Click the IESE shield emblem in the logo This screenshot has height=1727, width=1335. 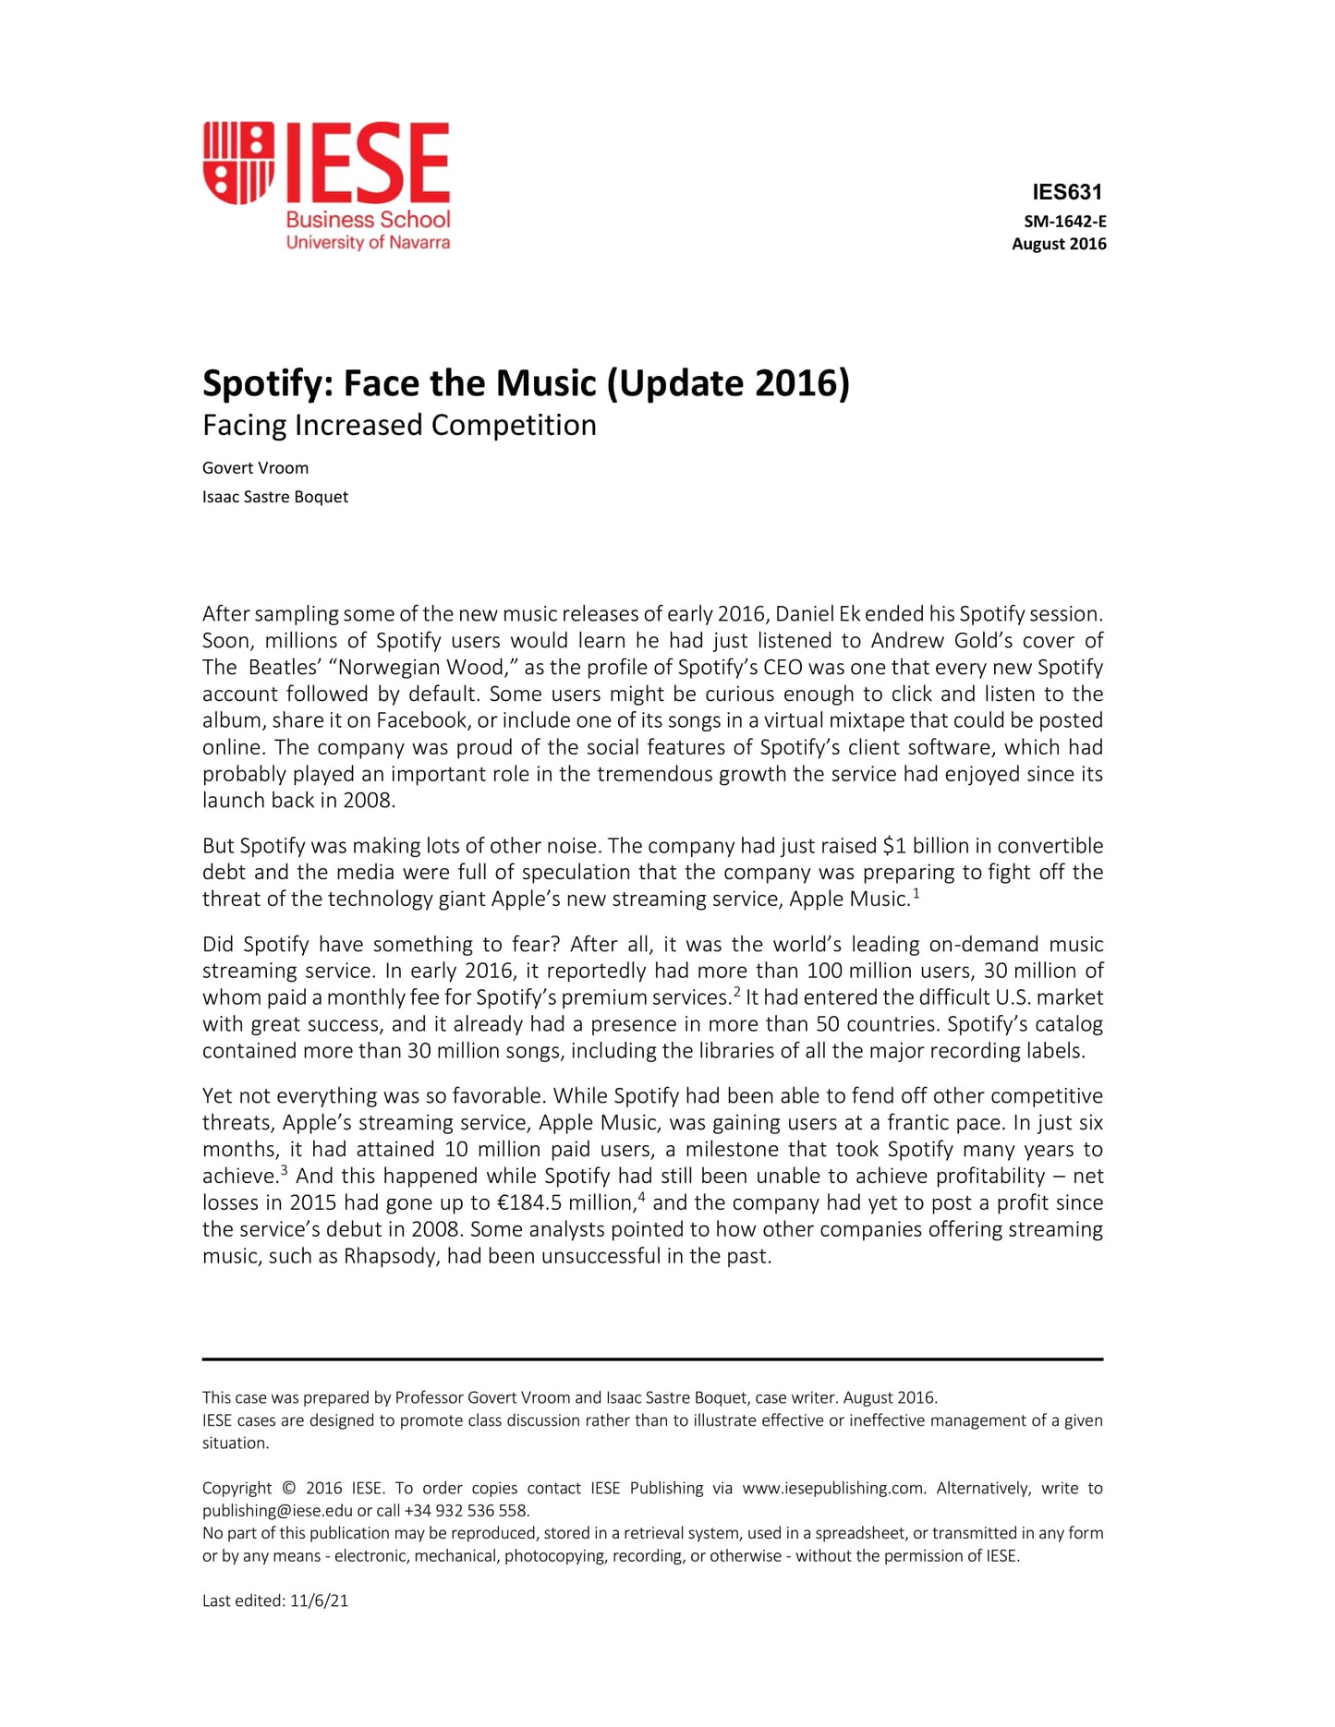point(238,163)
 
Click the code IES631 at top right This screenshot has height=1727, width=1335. point(1067,192)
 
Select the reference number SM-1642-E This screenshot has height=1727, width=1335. point(1064,222)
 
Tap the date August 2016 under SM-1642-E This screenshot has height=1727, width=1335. point(1059,244)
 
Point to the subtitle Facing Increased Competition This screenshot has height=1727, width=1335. point(399,425)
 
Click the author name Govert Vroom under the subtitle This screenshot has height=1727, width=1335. point(255,468)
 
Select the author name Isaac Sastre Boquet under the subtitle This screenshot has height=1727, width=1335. point(275,497)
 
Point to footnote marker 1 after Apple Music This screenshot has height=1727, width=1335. point(916,893)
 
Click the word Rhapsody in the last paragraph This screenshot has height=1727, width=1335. point(390,1257)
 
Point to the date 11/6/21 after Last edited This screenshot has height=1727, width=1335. point(320,1601)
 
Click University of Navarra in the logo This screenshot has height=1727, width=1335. point(368,243)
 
